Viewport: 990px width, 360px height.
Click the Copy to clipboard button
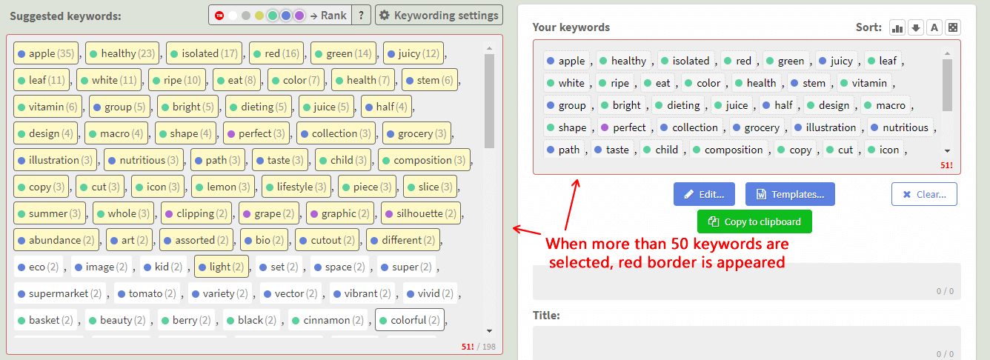[x=754, y=221]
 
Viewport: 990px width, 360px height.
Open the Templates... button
[x=790, y=194]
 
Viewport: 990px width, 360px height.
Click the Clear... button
[x=924, y=194]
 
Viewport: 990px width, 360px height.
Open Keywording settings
[x=439, y=16]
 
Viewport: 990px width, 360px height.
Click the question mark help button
[x=361, y=16]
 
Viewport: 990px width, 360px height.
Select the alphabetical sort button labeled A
[x=934, y=27]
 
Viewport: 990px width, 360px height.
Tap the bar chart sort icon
[x=897, y=27]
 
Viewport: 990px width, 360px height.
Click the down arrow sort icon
[x=916, y=27]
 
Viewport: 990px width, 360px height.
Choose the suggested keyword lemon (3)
[x=223, y=187]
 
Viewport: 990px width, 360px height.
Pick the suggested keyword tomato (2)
[x=147, y=293]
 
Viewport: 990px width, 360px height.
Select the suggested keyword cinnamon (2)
[x=328, y=320]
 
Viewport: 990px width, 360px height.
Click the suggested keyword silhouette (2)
[x=421, y=213]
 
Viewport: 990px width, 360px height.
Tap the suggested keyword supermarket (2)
[x=60, y=293]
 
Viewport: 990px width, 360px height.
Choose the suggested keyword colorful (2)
[x=410, y=320]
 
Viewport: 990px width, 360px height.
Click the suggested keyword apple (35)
[x=46, y=53]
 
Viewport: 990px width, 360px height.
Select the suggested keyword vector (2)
[x=290, y=293]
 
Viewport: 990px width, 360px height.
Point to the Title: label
[x=546, y=316]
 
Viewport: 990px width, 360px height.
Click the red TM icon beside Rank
[x=219, y=16]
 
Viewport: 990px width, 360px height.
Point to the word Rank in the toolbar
[x=333, y=16]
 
